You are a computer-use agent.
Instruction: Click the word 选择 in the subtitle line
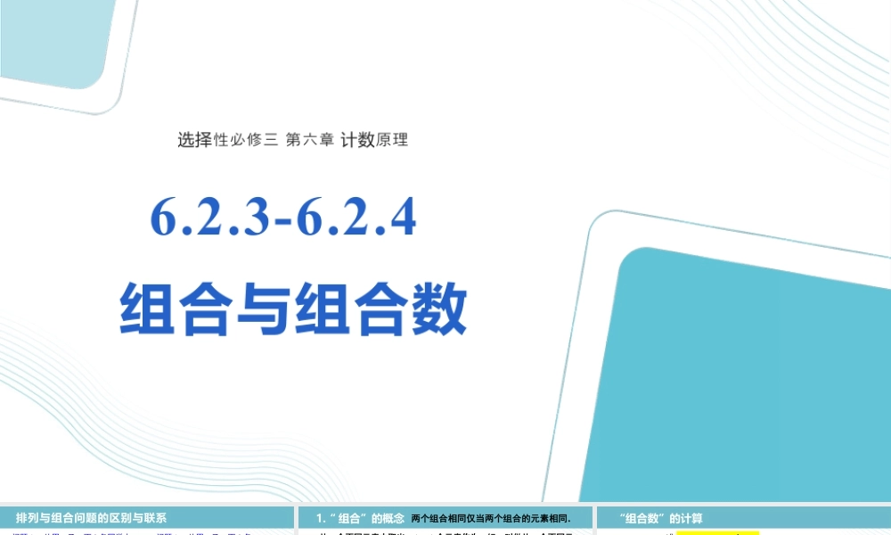click(194, 139)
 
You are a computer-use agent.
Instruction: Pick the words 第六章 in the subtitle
click(309, 139)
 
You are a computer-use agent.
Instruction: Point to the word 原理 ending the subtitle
click(392, 139)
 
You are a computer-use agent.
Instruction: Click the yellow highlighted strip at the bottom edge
click(717, 532)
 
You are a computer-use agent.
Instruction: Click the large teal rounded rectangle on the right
click(748, 374)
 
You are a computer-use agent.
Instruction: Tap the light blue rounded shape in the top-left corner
click(53, 45)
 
